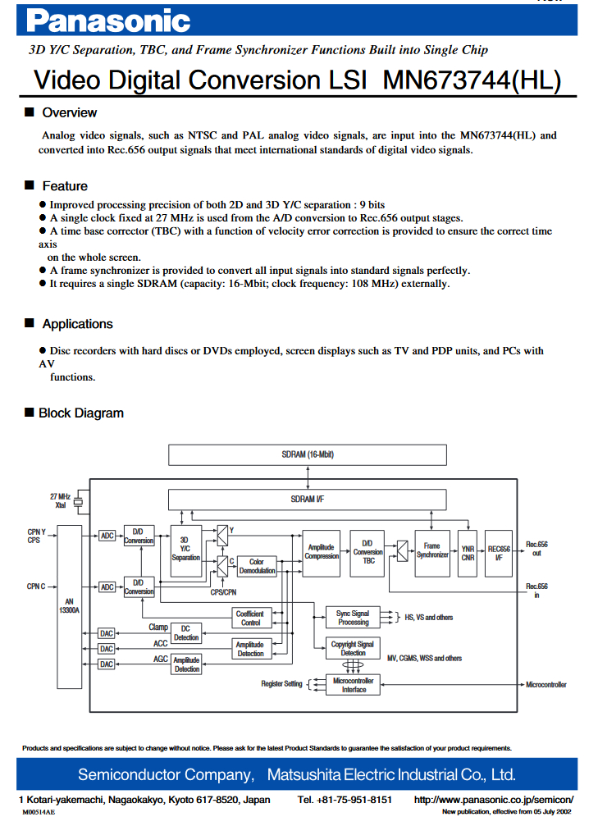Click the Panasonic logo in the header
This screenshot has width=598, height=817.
[x=108, y=21]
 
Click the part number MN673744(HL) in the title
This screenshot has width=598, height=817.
[x=472, y=80]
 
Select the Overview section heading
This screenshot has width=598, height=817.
[x=69, y=112]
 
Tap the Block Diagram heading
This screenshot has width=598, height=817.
[x=81, y=413]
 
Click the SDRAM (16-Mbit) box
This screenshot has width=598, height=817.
[x=308, y=454]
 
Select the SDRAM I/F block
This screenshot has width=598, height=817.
[x=308, y=500]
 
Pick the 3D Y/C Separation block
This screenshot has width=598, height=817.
[x=186, y=550]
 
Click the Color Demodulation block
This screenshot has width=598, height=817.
[x=257, y=566]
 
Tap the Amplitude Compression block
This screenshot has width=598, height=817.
[x=322, y=553]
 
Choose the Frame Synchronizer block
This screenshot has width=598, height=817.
[x=432, y=553]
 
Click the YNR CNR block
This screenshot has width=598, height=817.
[x=468, y=553]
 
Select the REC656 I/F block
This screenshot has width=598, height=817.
[x=499, y=553]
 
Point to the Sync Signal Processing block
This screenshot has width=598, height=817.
[x=353, y=618]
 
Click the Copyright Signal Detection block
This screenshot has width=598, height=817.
[x=353, y=648]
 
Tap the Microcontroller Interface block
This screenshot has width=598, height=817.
[x=353, y=685]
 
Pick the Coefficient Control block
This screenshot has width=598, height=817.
[x=251, y=618]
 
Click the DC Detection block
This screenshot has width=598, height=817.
[x=186, y=632]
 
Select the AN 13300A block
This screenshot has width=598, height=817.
[x=69, y=606]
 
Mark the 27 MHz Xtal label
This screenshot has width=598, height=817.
[x=61, y=500]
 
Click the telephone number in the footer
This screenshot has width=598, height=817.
[x=345, y=800]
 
